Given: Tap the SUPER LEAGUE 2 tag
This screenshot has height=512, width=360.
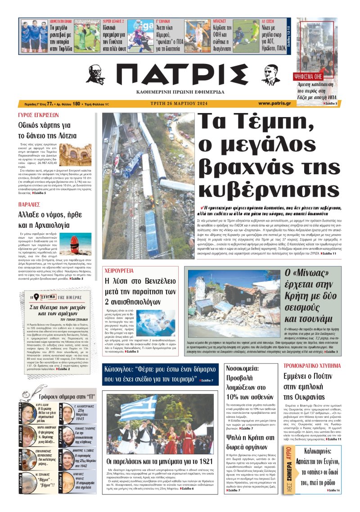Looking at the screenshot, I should (114, 21).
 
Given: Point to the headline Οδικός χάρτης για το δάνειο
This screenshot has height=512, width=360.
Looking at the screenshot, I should (47, 130).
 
